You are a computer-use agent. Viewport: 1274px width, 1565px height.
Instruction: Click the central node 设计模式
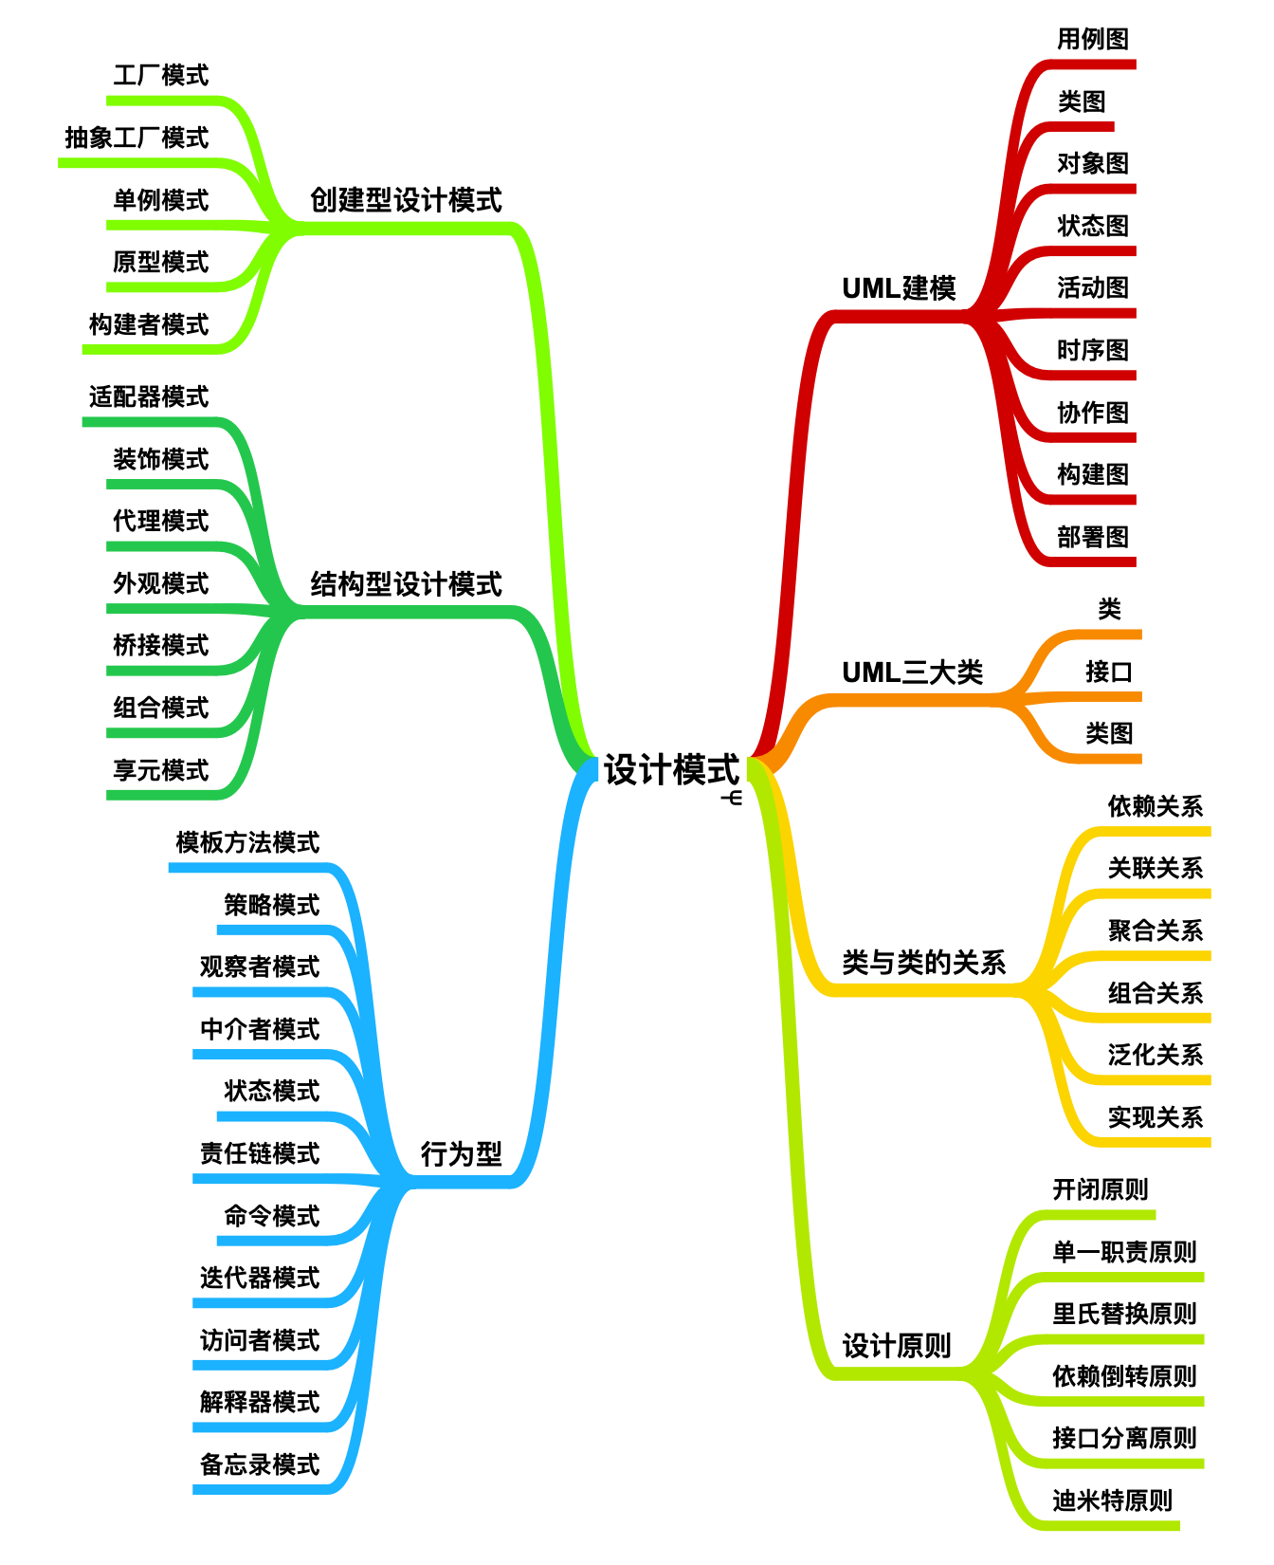point(671,769)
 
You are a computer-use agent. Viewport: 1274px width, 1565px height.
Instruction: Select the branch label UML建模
point(899,288)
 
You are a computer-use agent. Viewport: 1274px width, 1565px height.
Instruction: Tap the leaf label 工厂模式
point(160,76)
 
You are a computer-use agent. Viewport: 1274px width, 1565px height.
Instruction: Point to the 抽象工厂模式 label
point(136,138)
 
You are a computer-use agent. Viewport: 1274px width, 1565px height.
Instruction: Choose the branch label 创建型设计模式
point(406,200)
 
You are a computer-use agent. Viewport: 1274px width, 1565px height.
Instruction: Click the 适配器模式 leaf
point(149,396)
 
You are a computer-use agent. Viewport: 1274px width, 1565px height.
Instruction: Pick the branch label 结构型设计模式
point(406,584)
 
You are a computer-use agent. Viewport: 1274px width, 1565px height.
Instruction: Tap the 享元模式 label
point(160,770)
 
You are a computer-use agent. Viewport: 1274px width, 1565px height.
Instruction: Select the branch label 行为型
point(461,1154)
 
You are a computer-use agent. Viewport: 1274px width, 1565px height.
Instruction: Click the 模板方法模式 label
point(247,842)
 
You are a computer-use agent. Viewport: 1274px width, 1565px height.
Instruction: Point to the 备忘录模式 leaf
point(260,1464)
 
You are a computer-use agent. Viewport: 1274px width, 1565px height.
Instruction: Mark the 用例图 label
point(1093,40)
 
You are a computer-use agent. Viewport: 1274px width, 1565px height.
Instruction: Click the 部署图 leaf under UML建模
point(1093,538)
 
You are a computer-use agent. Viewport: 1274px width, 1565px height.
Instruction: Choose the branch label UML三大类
point(912,673)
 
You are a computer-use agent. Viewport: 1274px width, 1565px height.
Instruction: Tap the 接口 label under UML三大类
point(1109,672)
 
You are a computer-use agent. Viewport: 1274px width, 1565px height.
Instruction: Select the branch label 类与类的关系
point(923,963)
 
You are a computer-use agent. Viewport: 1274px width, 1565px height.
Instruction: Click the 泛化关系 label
point(1156,1056)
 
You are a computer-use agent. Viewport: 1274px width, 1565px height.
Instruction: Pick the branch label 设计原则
point(896,1346)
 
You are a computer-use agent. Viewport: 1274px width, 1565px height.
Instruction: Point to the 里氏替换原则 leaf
point(1124,1315)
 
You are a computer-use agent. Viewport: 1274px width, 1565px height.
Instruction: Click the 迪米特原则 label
point(1112,1501)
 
